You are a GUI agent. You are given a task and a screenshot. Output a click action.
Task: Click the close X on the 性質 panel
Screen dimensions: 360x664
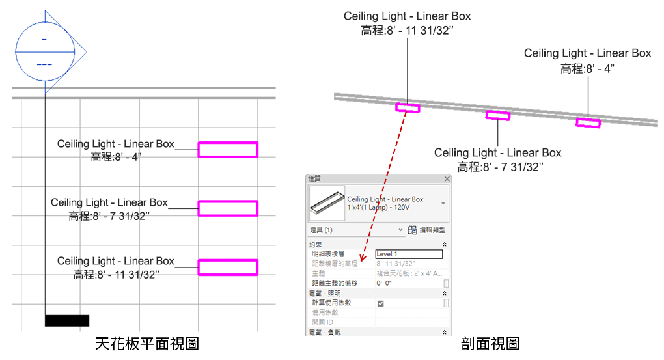coord(447,178)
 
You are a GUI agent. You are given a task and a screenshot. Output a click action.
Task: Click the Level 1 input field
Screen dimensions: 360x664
coord(409,254)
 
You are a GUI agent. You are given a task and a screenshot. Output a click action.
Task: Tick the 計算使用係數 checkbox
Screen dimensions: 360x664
coord(380,303)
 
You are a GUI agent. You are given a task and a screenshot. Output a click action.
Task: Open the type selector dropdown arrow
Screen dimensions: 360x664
coord(443,203)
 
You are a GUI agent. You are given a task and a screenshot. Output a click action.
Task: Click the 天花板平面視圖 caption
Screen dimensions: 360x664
coord(146,342)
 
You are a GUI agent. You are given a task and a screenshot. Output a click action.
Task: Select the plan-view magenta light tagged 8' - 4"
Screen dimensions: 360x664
coord(228,150)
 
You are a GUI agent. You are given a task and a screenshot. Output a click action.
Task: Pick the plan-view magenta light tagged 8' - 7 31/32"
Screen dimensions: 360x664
coord(228,208)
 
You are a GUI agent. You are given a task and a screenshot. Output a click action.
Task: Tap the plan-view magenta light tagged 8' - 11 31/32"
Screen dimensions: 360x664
coord(228,267)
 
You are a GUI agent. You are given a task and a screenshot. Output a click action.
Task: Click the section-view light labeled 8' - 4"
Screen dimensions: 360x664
coord(588,122)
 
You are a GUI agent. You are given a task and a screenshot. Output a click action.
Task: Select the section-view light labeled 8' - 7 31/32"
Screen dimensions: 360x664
coord(498,115)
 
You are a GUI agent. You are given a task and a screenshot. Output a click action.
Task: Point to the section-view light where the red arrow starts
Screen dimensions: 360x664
coord(408,107)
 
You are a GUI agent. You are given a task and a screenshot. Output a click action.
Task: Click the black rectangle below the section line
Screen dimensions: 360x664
coord(67,320)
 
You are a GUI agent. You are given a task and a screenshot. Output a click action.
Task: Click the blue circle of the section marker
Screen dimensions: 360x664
coord(44,51)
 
